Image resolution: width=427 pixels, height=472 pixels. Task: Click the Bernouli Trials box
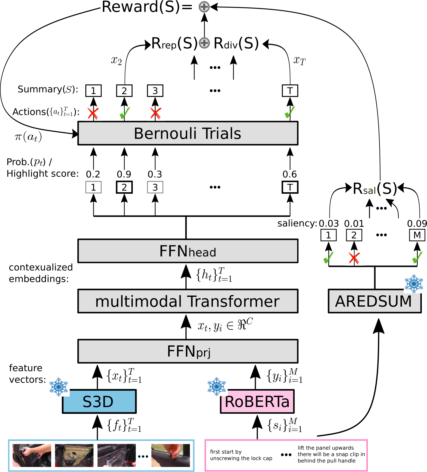pyautogui.click(x=188, y=133)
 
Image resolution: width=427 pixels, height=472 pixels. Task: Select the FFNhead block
pyautogui.click(x=188, y=251)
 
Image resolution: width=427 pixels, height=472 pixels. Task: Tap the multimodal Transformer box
pyautogui.click(x=188, y=301)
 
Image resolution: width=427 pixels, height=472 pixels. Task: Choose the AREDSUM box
pyautogui.click(x=374, y=301)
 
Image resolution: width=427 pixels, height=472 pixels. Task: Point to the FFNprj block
pyautogui.click(x=188, y=351)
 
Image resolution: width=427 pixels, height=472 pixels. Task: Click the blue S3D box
pyautogui.click(x=99, y=401)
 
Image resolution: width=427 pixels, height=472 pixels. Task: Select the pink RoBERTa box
pyautogui.click(x=257, y=401)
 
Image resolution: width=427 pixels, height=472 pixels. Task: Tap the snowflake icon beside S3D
pyautogui.click(x=59, y=387)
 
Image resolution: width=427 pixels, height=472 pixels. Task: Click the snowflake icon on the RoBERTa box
pyautogui.click(x=217, y=387)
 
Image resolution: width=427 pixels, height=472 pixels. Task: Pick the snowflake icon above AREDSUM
pyautogui.click(x=414, y=284)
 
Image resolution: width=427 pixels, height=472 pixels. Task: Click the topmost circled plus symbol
pyautogui.click(x=204, y=7)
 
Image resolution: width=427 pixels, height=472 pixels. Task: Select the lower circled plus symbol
pyautogui.click(x=204, y=43)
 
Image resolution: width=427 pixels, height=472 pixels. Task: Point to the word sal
pyautogui.click(x=369, y=191)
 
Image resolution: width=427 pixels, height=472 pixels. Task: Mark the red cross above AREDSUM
pyautogui.click(x=354, y=258)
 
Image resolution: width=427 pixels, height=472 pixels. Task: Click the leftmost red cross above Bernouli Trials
pyautogui.click(x=93, y=113)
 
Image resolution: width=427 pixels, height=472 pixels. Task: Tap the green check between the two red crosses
pyautogui.click(x=125, y=113)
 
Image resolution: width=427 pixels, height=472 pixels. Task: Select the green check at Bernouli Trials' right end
pyautogui.click(x=290, y=112)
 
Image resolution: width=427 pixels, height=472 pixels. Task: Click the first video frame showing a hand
pyautogui.click(x=32, y=455)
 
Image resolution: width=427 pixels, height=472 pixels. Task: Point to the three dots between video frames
pyautogui.click(x=143, y=457)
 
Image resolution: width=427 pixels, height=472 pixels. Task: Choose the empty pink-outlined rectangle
pyautogui.click(x=286, y=455)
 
